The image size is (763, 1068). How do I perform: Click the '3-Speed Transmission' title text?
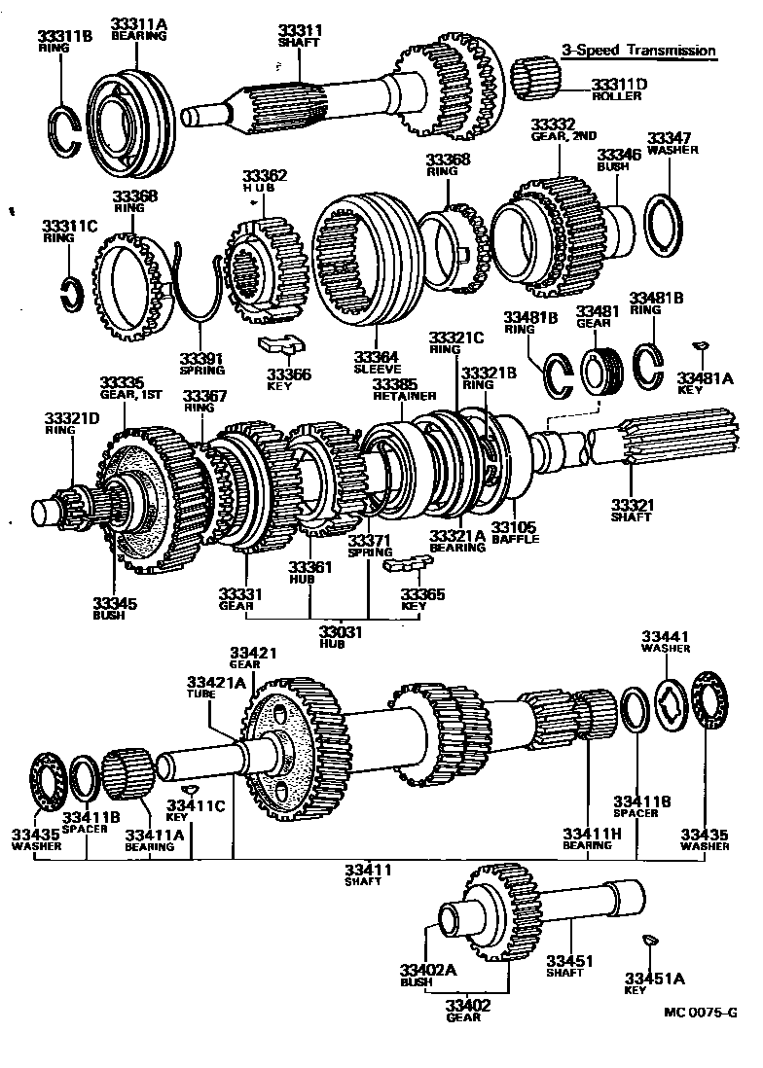(x=637, y=51)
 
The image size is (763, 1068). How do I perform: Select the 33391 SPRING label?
(x=201, y=363)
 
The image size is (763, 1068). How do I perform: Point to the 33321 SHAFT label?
(x=632, y=510)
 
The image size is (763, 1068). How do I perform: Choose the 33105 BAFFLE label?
(x=514, y=532)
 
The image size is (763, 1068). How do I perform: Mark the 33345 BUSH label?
(x=115, y=609)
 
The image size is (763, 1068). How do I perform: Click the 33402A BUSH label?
(x=422, y=975)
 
